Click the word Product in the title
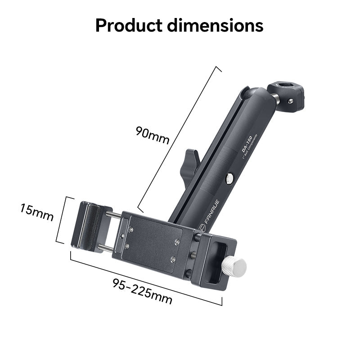pos(128,26)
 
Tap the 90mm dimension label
pos(152,135)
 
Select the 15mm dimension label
pos(36,213)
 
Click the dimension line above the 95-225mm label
pos(146,277)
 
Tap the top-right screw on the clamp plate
pos(176,242)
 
